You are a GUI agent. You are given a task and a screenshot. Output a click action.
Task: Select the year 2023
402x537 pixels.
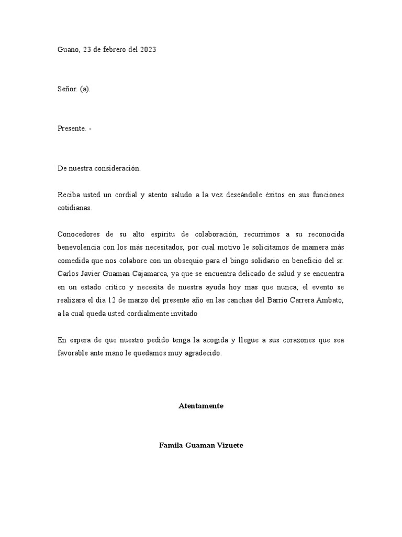(x=147, y=50)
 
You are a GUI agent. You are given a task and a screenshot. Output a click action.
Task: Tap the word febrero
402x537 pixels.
(x=114, y=50)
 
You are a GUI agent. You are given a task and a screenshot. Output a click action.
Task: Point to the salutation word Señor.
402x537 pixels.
(x=67, y=89)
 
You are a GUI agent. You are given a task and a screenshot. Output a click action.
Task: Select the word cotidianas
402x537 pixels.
(x=74, y=208)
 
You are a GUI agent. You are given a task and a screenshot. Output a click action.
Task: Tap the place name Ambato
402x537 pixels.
(x=331, y=300)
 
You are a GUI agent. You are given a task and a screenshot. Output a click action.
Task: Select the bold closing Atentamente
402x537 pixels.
(x=201, y=406)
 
